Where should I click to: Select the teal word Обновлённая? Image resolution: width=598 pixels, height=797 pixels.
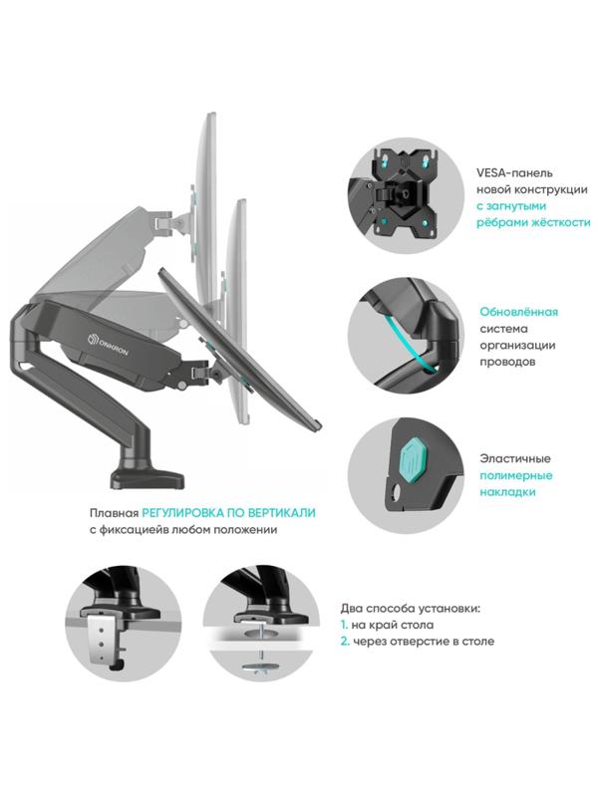pos(518,312)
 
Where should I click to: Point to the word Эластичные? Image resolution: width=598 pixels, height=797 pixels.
pos(515,458)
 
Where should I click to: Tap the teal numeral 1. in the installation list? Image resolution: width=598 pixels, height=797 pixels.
pos(342,624)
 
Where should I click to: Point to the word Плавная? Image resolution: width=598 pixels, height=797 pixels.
pos(112,512)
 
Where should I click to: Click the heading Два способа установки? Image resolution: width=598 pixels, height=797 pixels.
pos(410,607)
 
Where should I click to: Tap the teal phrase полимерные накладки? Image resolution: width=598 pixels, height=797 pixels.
pos(518,483)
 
